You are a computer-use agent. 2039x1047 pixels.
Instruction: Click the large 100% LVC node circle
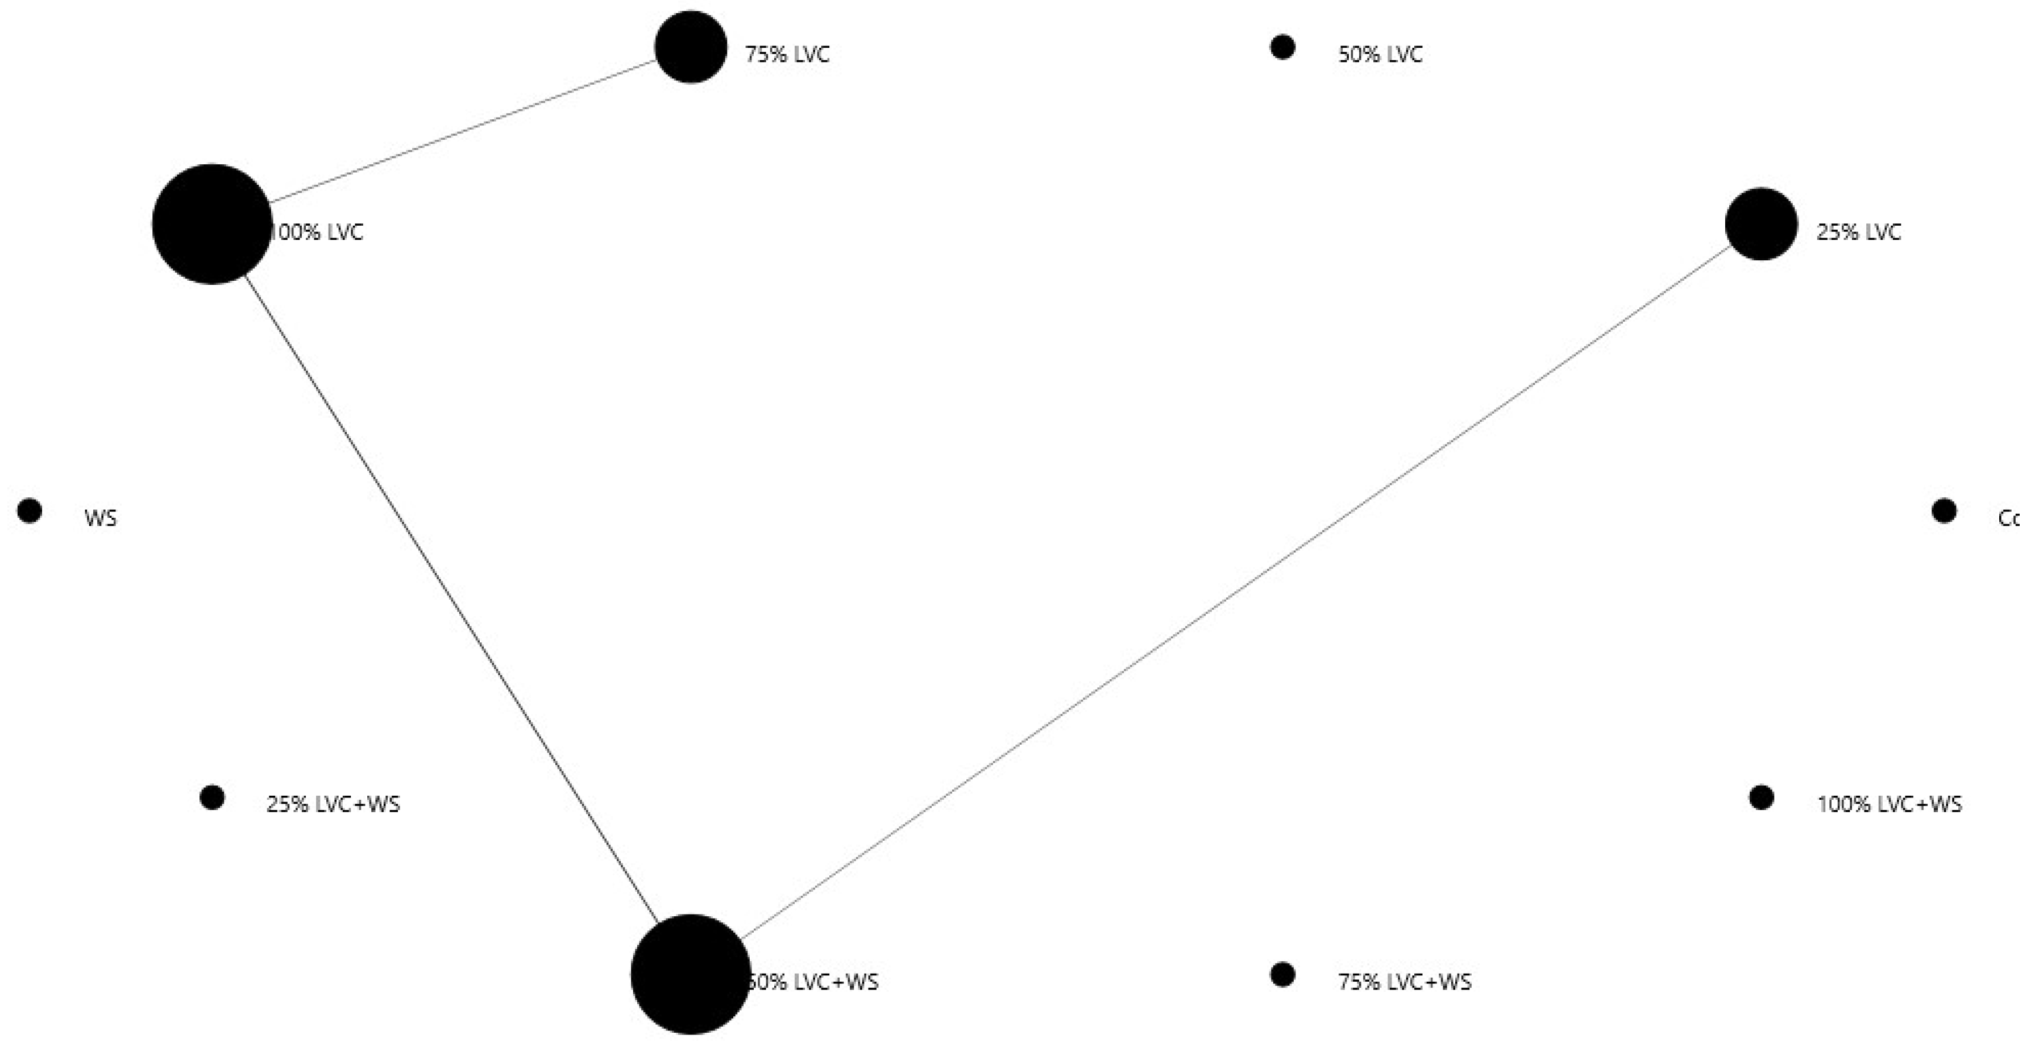(x=211, y=224)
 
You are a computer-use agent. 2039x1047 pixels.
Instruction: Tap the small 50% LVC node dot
(x=1282, y=48)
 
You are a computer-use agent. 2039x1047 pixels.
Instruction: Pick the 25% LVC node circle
(x=1761, y=224)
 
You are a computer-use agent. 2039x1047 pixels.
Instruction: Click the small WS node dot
(x=30, y=511)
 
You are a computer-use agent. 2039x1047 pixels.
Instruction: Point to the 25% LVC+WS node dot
(x=212, y=797)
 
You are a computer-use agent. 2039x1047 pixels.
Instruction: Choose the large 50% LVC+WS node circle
(x=690, y=974)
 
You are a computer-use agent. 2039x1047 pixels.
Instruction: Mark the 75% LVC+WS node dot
(x=1282, y=975)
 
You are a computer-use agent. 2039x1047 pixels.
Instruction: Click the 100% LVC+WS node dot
(x=1761, y=797)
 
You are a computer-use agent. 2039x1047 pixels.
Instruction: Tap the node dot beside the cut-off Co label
(x=1944, y=511)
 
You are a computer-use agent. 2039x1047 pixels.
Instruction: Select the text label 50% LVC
(x=1380, y=55)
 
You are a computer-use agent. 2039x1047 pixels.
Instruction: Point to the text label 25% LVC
(x=1859, y=232)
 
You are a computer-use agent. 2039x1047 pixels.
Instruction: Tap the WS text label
(x=101, y=518)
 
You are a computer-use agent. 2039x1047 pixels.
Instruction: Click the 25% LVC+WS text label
(x=333, y=805)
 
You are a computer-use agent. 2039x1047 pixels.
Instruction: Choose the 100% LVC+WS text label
(x=1889, y=805)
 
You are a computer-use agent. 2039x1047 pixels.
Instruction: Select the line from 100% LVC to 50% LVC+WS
(x=451, y=599)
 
